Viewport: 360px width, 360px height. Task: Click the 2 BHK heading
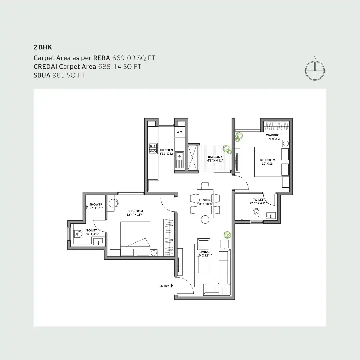coord(43,47)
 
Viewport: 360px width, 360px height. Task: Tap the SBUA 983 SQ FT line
coord(59,75)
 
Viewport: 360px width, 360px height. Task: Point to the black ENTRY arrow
coord(172,286)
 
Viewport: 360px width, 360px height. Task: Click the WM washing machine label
coord(179,132)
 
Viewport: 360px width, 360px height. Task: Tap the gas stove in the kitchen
coord(153,148)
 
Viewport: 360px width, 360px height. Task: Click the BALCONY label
coord(215,157)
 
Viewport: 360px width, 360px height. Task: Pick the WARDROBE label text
coord(274,135)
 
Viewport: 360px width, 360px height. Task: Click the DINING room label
coord(205,200)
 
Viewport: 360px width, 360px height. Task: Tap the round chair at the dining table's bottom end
coord(205,219)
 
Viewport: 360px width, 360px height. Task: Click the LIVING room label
coord(204,252)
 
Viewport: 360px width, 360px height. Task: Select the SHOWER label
coord(96,204)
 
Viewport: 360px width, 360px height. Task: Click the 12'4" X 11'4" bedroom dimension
coord(135,215)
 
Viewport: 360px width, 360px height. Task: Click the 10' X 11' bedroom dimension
coord(267,164)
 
